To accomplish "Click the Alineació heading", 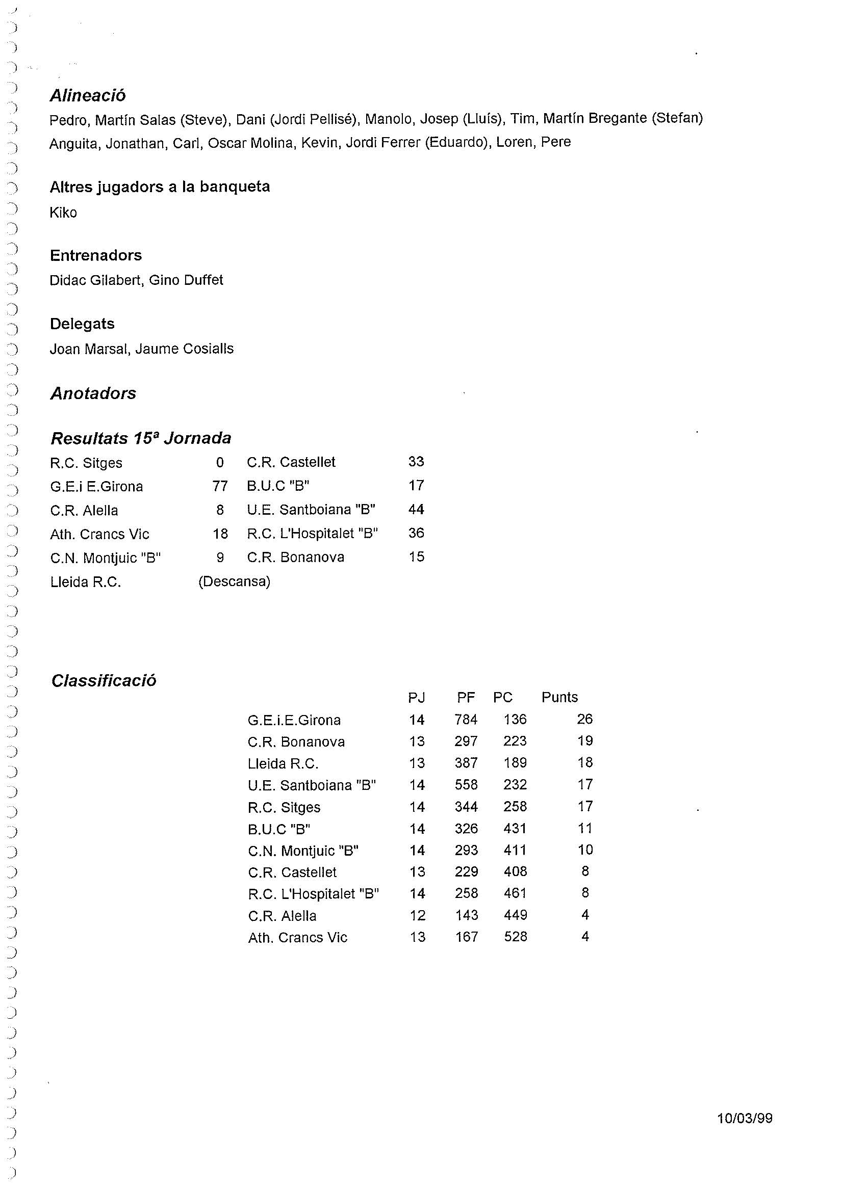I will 88,95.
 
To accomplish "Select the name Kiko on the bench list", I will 63,213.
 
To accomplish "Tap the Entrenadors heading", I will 95,255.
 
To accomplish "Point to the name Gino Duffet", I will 186,280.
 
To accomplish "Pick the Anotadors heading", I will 93,393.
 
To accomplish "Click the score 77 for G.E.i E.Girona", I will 220,486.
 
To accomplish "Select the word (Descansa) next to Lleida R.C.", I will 234,581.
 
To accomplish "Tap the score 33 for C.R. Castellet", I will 416,462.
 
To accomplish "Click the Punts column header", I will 559,697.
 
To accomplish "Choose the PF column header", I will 466,698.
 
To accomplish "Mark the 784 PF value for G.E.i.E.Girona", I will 466,720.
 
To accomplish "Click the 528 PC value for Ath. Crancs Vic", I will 515,937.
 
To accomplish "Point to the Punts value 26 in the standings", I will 585,719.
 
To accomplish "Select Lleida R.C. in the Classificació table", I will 283,764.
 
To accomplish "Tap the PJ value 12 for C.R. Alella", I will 417,915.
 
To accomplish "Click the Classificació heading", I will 104,681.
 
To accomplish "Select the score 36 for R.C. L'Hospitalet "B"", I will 416,533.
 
